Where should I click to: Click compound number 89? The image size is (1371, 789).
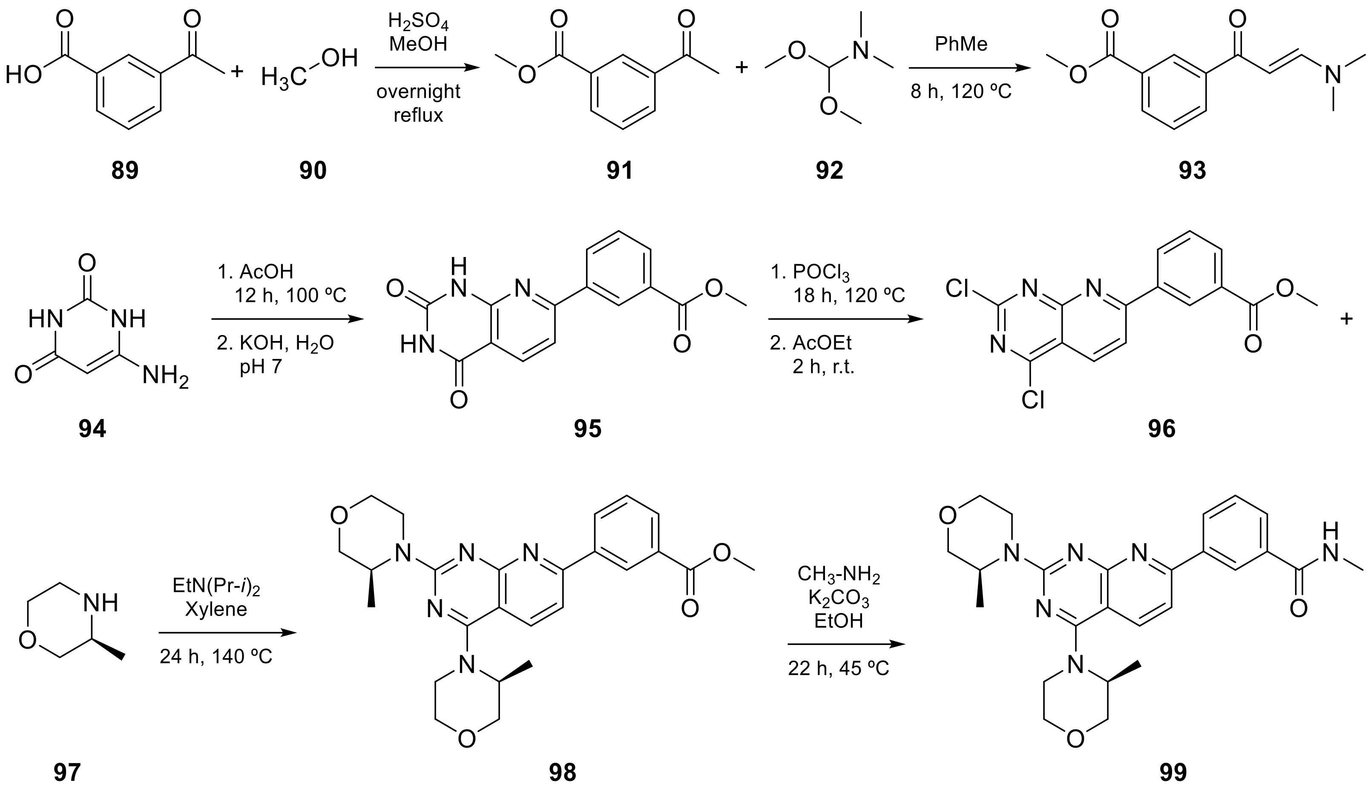point(125,170)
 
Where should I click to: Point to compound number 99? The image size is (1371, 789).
point(1173,772)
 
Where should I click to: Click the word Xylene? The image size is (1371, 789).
point(216,610)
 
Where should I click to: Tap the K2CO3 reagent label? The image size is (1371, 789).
point(839,598)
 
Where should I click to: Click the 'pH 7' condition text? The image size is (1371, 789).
point(261,367)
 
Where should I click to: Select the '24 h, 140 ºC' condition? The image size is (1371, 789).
point(216,657)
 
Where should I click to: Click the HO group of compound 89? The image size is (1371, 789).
point(24,75)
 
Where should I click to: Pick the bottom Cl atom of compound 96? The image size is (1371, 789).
point(1033,400)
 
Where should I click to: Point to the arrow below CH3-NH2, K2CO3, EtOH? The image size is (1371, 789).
point(846,644)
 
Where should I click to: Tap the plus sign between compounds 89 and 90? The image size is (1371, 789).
point(237,71)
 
